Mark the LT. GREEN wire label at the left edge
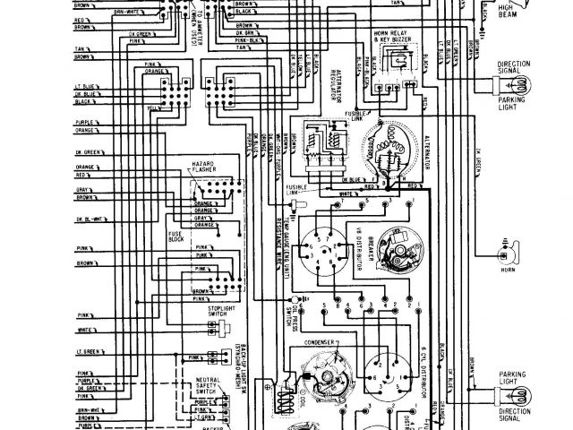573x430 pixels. (x=86, y=343)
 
